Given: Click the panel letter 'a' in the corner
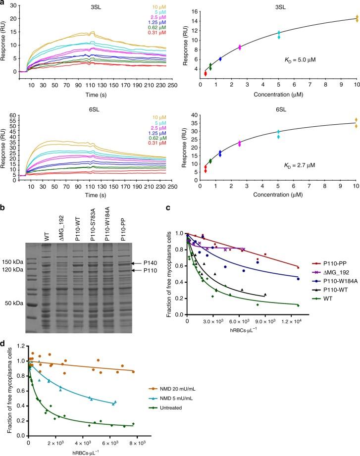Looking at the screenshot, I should point(3,3).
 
